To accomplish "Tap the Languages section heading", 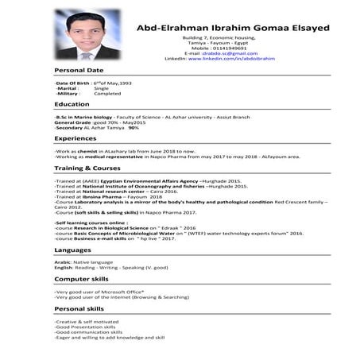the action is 72,250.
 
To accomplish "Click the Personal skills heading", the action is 79,308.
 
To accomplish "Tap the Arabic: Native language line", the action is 83,261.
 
